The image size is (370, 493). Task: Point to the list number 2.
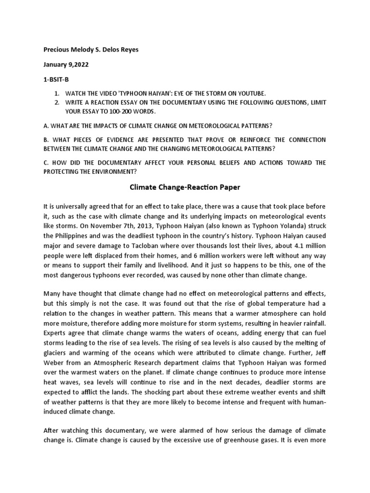click(x=56, y=103)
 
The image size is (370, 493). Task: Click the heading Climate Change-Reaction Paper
click(x=185, y=187)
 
